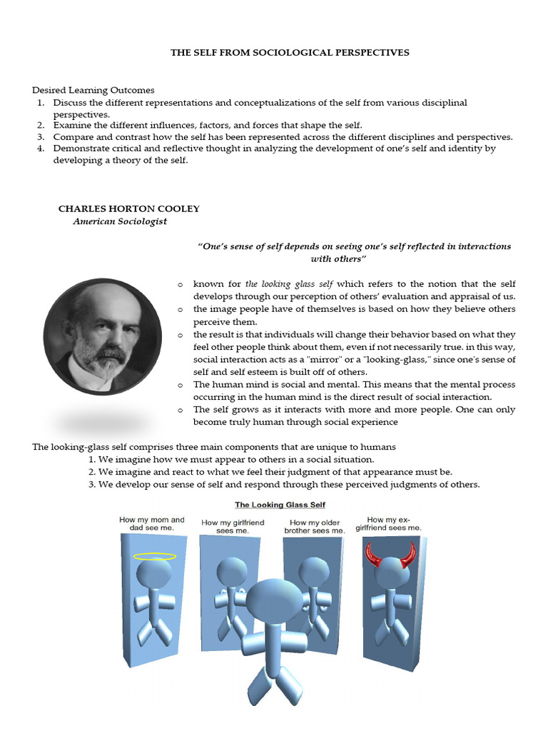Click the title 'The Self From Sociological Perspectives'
[x=290, y=53]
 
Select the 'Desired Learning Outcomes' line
[x=93, y=90]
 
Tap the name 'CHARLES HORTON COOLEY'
[x=128, y=208]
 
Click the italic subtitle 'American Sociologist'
[x=120, y=221]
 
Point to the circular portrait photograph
[x=102, y=336]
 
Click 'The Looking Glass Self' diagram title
[x=280, y=505]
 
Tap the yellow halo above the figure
[x=155, y=556]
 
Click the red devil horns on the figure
[x=390, y=555]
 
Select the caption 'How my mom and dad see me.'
[x=151, y=524]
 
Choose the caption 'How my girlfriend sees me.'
[x=233, y=527]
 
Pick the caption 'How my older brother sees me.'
[x=314, y=527]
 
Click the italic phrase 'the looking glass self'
[x=288, y=284]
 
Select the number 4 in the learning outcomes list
[x=41, y=148]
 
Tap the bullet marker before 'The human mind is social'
[x=181, y=385]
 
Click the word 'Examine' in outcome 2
[x=71, y=126]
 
